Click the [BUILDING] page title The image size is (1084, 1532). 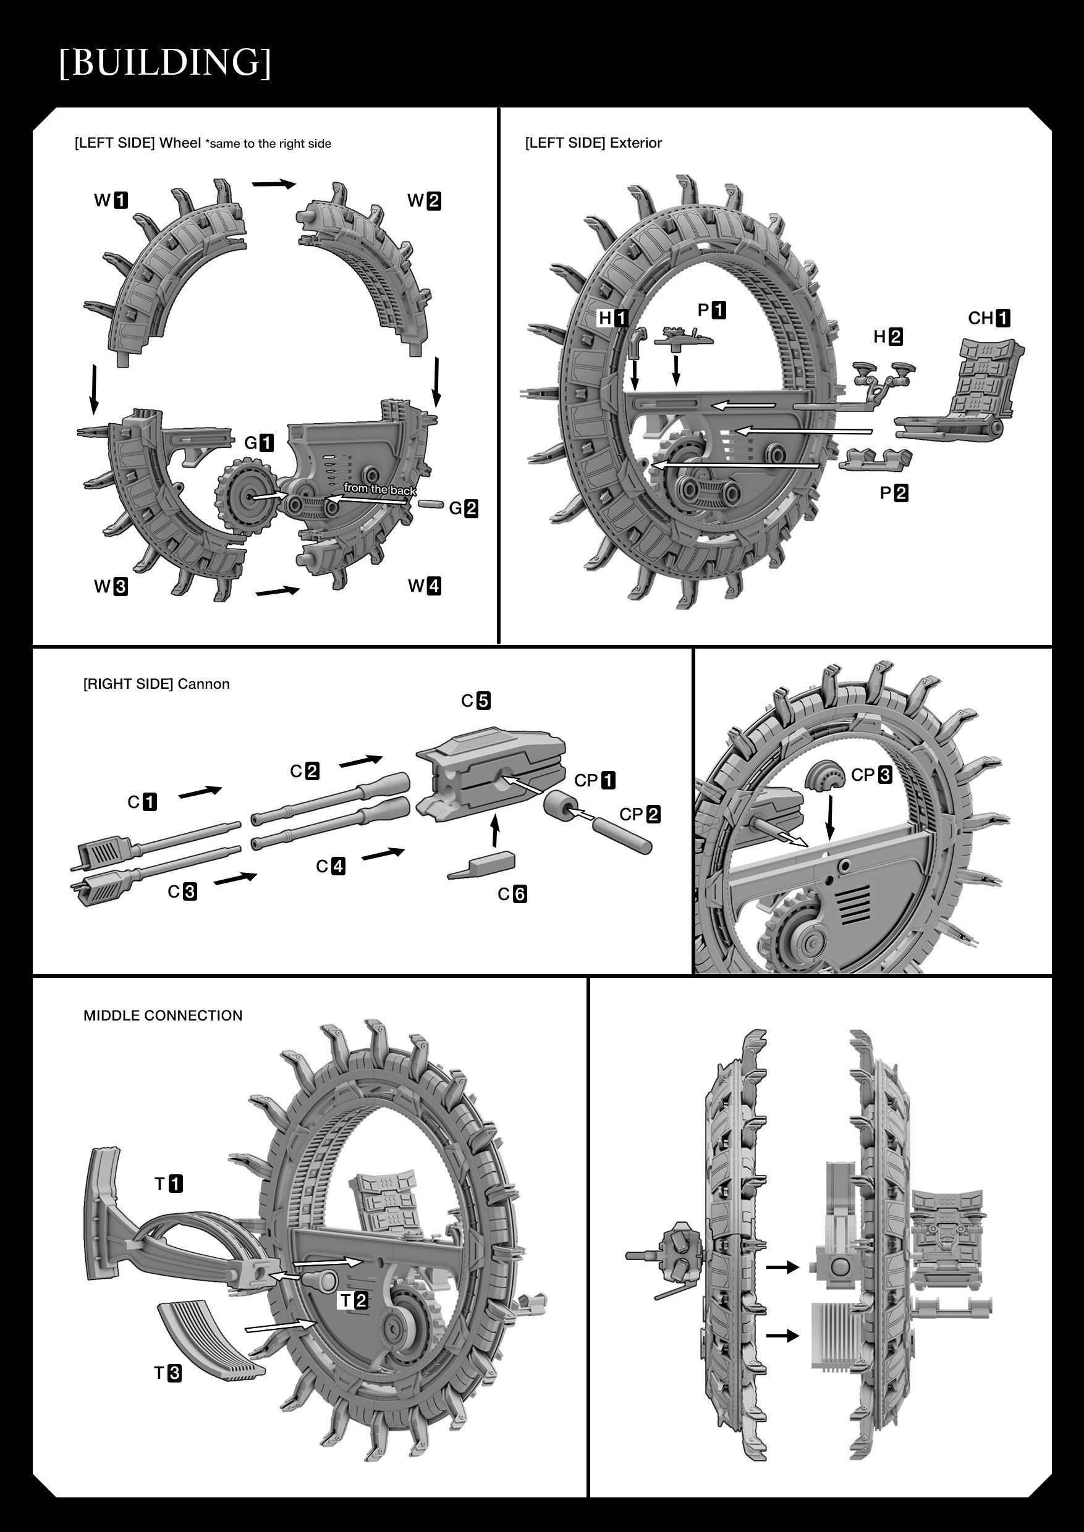coord(165,63)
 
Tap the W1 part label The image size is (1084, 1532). coord(111,200)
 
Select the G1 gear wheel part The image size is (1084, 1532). coord(247,497)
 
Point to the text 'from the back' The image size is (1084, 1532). coord(380,489)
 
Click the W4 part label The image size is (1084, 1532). coord(425,586)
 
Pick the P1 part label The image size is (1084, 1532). coord(711,310)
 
